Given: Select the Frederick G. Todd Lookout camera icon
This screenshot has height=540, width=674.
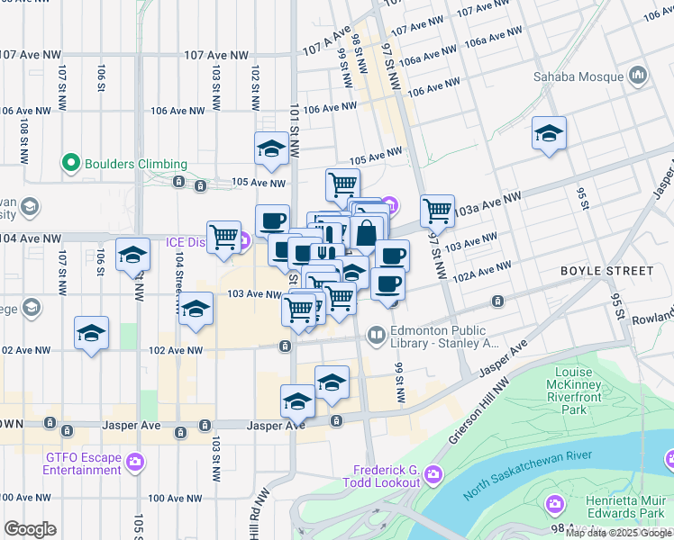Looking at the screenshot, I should (433, 473).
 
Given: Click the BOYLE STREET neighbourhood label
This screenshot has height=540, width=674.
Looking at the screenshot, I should (606, 271).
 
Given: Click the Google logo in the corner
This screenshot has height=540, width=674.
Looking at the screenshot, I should (30, 529).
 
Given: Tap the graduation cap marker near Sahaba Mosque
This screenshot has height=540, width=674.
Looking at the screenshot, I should (549, 135).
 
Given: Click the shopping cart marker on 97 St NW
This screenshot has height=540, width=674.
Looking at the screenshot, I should (437, 211).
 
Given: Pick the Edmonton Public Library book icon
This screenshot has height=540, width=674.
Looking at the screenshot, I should (377, 337).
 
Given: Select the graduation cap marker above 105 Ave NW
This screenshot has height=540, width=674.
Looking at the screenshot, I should (271, 149).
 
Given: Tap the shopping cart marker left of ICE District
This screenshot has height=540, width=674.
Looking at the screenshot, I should (223, 238).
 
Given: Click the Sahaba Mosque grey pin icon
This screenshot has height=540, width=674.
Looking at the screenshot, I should (638, 72).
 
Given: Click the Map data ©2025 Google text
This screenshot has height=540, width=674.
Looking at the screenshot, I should (618, 533).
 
